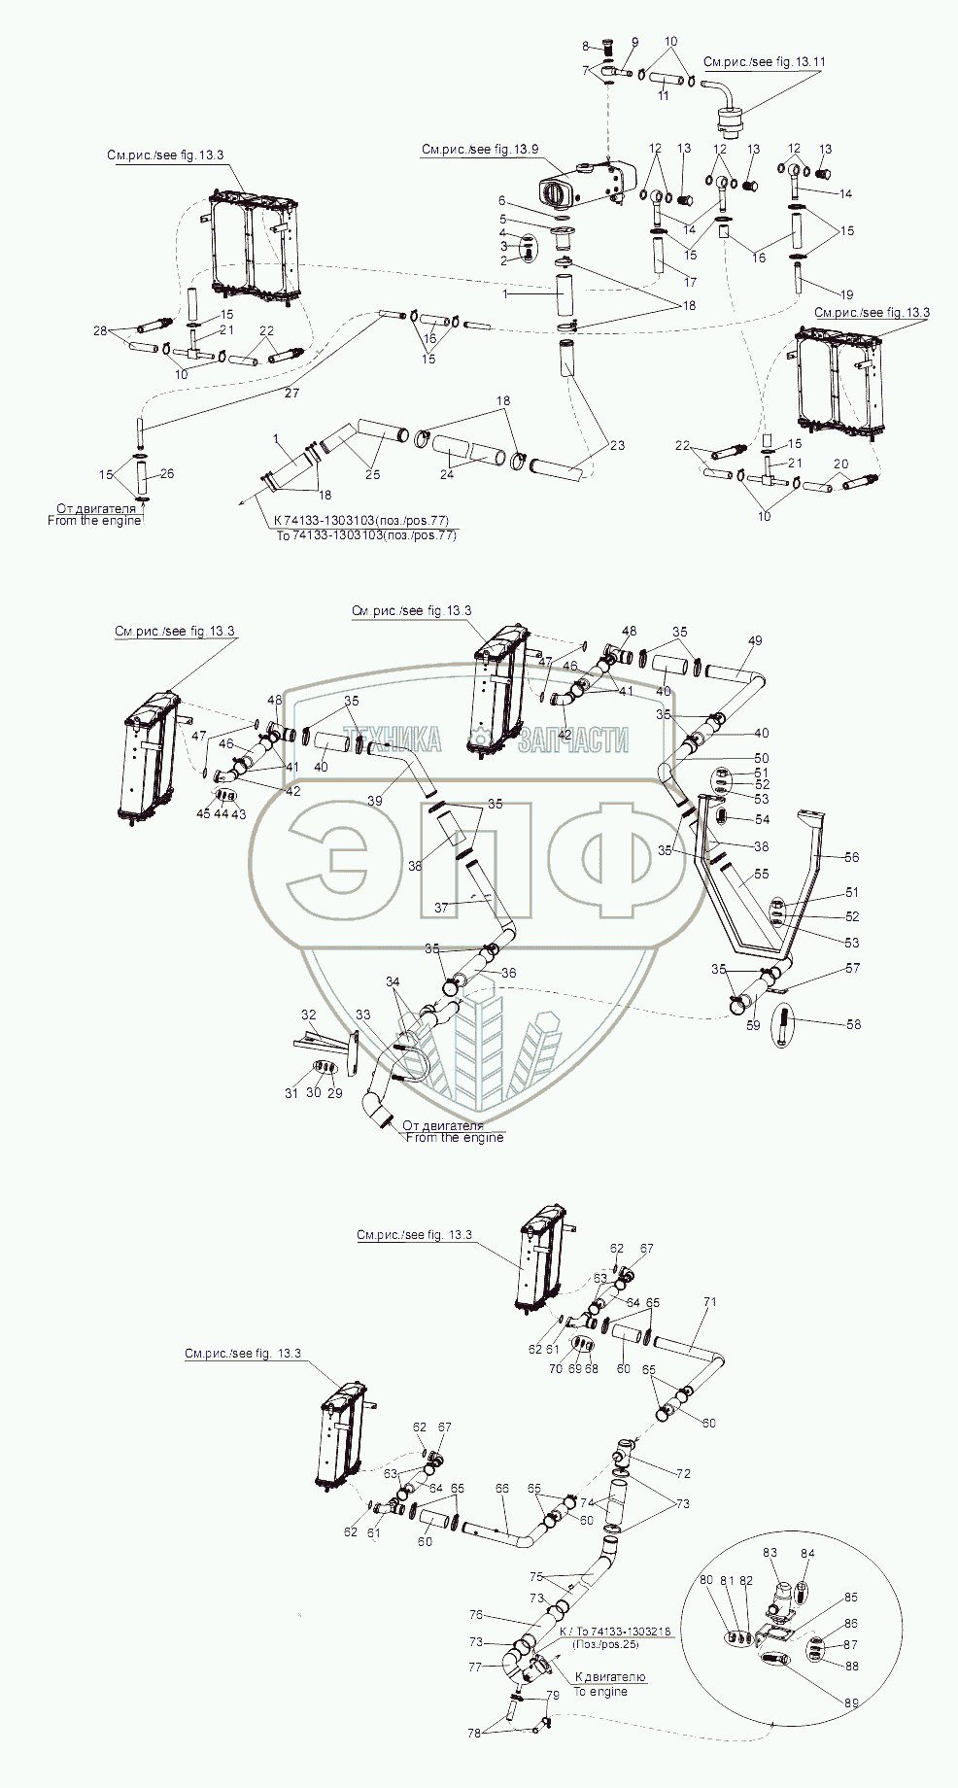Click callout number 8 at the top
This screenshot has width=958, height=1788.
pos(586,47)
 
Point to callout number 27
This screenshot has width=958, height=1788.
pos(291,393)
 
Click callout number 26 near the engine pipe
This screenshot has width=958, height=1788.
pos(167,474)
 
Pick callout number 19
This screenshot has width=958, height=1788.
pos(847,294)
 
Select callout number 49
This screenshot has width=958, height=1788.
pos(755,640)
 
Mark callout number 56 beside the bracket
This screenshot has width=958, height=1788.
pos(852,857)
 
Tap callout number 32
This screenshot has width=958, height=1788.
pos(308,1014)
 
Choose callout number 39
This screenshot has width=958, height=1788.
pos(375,801)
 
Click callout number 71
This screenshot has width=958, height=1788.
pos(709,1301)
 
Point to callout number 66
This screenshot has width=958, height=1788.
pos(501,1488)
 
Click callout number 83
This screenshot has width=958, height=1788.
pos(770,1553)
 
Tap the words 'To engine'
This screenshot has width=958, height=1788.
pos(600,1692)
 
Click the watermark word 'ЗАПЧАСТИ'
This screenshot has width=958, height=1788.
pos(573,740)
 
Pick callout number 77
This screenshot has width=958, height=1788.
pos(475,1667)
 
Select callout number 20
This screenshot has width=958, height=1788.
pos(840,464)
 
